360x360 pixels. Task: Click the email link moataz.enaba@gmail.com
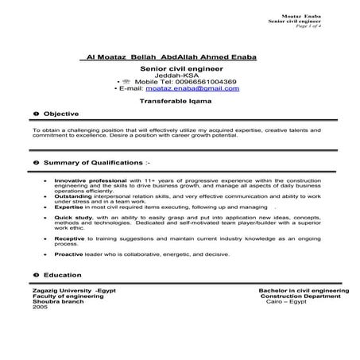pyautogui.click(x=197, y=88)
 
